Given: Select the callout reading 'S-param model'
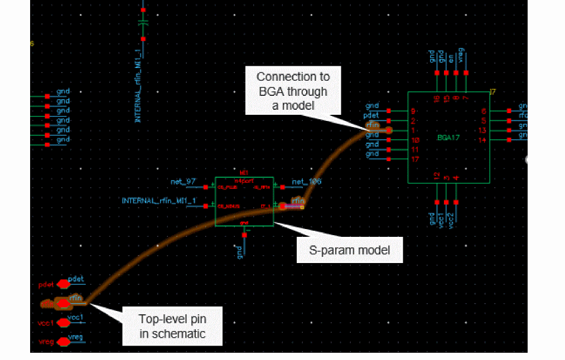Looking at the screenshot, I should pyautogui.click(x=349, y=250).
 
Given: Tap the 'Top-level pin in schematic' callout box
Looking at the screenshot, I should pyautogui.click(x=172, y=326).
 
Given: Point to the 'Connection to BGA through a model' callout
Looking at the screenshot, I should pyautogui.click(x=292, y=91).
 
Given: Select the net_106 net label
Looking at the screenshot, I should pyautogui.click(x=306, y=182).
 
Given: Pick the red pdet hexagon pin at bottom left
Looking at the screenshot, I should pyautogui.click(x=63, y=284).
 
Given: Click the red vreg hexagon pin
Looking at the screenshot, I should pyautogui.click(x=63, y=342).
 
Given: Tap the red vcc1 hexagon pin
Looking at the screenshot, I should pyautogui.click(x=63, y=323).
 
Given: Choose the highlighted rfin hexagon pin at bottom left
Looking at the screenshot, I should pyautogui.click(x=63, y=304).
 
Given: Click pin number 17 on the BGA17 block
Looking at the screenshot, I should pyautogui.click(x=414, y=159).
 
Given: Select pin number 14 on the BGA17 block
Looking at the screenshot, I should pyautogui.click(x=482, y=140).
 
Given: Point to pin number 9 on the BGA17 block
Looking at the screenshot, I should pyautogui.click(x=413, y=111).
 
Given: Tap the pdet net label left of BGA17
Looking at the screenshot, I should pyautogui.click(x=371, y=115).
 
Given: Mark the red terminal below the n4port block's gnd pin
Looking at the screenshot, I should pyautogui.click(x=244, y=236).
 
